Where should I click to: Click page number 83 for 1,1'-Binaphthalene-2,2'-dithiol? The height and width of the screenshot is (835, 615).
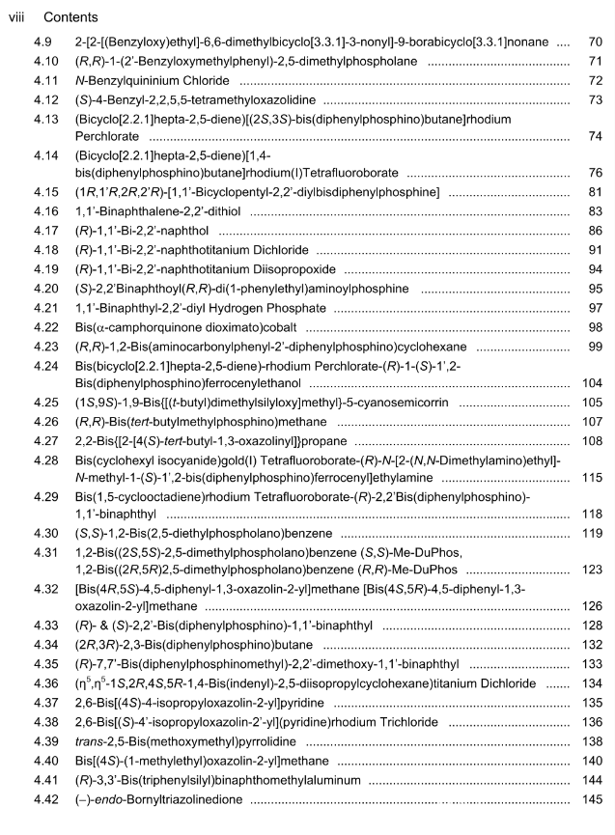pyautogui.click(x=595, y=211)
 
